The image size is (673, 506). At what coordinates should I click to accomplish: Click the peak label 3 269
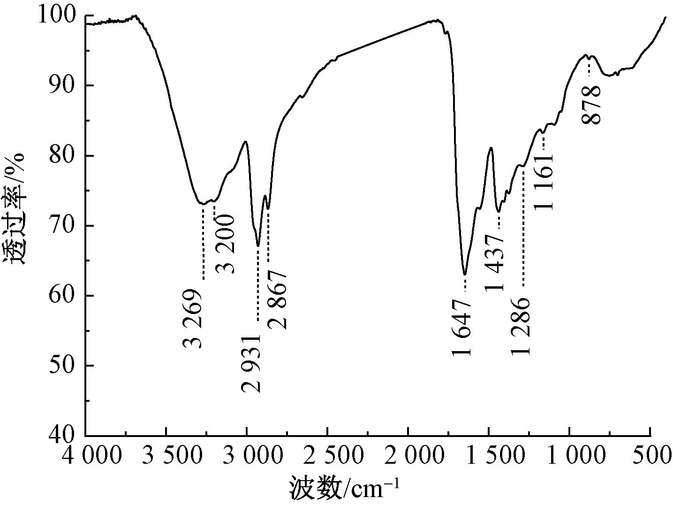click(x=193, y=319)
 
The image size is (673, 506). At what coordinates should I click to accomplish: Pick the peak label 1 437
click(x=495, y=263)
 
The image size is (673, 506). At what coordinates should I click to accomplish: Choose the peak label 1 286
click(x=521, y=326)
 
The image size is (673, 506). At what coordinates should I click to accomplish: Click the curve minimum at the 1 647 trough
click(x=465, y=274)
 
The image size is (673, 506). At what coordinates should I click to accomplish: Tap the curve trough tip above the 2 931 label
click(x=258, y=245)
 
